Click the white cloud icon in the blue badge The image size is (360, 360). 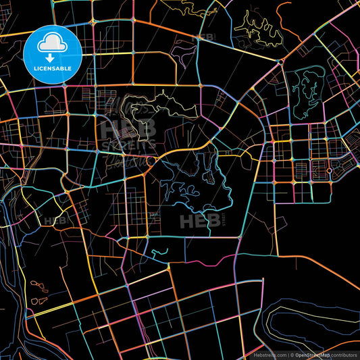point(52,42)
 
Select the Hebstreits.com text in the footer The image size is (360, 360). point(268,355)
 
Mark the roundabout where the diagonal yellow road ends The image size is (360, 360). point(278,61)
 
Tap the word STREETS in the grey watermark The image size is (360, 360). point(128,144)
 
